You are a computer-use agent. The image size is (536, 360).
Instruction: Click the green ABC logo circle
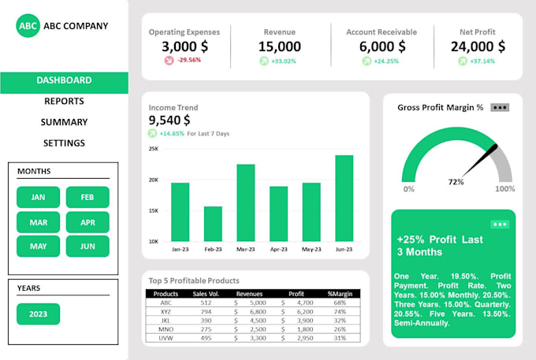point(28,26)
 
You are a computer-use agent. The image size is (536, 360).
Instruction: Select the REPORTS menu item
point(64,101)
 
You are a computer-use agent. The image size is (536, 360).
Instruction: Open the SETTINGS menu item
point(64,143)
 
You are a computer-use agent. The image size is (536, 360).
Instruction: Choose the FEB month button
point(87,198)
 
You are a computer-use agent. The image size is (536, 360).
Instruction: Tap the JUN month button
point(87,247)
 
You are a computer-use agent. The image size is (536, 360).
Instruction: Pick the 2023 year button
point(39,314)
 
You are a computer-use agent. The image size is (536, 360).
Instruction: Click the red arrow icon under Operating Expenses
point(169,61)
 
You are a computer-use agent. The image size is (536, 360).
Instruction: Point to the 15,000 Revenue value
point(280,46)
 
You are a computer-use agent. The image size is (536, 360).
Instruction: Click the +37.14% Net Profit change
point(482,61)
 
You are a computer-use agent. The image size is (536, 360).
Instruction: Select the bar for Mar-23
point(246,202)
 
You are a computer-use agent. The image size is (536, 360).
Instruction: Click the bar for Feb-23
point(213,224)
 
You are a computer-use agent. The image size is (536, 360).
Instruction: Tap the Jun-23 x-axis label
point(344,249)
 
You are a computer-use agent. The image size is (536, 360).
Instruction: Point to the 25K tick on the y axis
point(154,149)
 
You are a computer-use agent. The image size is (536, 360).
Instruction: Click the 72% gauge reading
point(456,182)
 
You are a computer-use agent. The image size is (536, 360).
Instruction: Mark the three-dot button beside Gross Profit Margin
point(500,107)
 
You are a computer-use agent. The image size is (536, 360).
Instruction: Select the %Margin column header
point(340,294)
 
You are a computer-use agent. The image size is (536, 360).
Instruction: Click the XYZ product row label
point(166,311)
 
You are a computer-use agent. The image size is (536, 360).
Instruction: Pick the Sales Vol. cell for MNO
point(206,329)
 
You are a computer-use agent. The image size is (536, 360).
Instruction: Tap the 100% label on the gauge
point(504,189)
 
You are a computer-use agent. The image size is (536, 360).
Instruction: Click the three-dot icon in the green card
point(499,224)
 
